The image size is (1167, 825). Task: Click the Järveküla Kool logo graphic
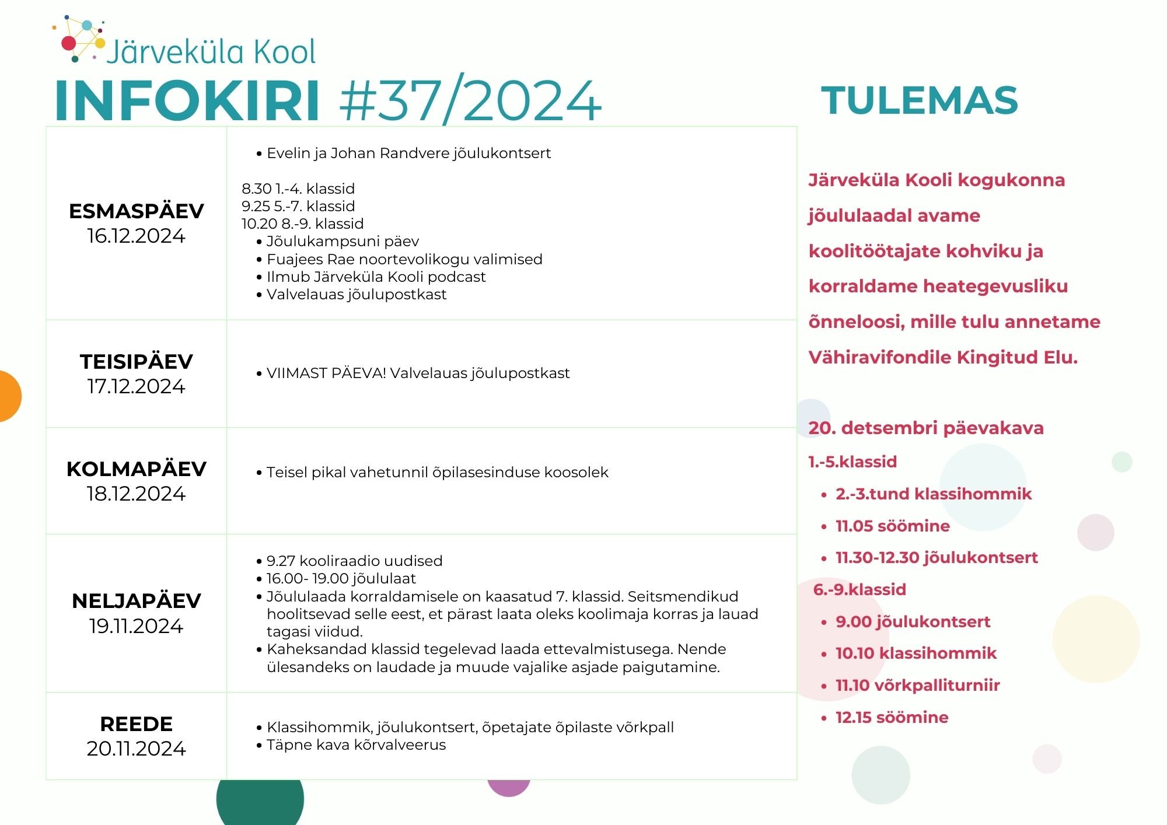[79, 39]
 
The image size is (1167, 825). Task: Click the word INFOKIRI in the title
[187, 100]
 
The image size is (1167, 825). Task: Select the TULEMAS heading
[920, 100]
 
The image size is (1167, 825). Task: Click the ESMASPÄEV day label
[137, 211]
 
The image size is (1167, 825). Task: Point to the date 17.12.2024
[137, 386]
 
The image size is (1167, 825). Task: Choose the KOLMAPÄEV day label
[137, 469]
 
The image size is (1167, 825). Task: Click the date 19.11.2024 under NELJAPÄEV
[137, 626]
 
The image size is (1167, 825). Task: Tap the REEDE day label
[137, 723]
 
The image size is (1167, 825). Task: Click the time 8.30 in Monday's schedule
[257, 188]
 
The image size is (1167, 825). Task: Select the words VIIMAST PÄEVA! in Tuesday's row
[326, 373]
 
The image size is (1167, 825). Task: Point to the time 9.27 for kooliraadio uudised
[281, 561]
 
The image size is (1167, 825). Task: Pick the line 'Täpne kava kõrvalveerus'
[356, 745]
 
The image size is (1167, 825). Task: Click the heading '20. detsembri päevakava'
[926, 428]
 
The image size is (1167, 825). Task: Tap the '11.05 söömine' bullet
[893, 526]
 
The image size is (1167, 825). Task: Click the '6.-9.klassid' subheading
[859, 589]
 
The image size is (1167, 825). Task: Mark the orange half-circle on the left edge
[10, 396]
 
